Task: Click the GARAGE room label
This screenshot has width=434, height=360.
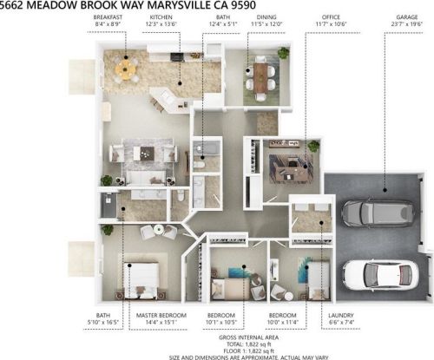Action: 407,17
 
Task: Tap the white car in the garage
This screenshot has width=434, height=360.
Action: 381,275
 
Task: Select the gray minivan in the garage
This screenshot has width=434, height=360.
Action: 378,213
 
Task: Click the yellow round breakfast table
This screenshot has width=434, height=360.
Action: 125,69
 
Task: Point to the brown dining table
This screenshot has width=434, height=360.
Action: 260,77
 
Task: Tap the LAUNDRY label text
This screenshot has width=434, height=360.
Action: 341,315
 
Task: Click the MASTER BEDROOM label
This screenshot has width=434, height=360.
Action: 161,315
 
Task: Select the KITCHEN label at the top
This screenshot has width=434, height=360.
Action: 161,17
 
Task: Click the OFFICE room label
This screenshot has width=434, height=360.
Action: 331,17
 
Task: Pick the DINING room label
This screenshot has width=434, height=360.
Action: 266,17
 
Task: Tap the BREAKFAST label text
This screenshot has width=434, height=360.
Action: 108,17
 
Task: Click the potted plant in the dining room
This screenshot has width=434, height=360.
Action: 283,53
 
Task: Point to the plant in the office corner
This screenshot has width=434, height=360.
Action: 313,146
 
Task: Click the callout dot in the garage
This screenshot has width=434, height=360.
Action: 385,190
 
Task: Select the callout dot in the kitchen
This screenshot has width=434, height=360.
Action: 180,83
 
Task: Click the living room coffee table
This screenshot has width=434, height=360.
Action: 143,153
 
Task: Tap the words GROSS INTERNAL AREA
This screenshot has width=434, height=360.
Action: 248,337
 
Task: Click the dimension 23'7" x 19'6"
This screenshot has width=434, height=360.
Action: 407,24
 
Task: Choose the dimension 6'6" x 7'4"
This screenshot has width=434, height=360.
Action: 341,322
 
